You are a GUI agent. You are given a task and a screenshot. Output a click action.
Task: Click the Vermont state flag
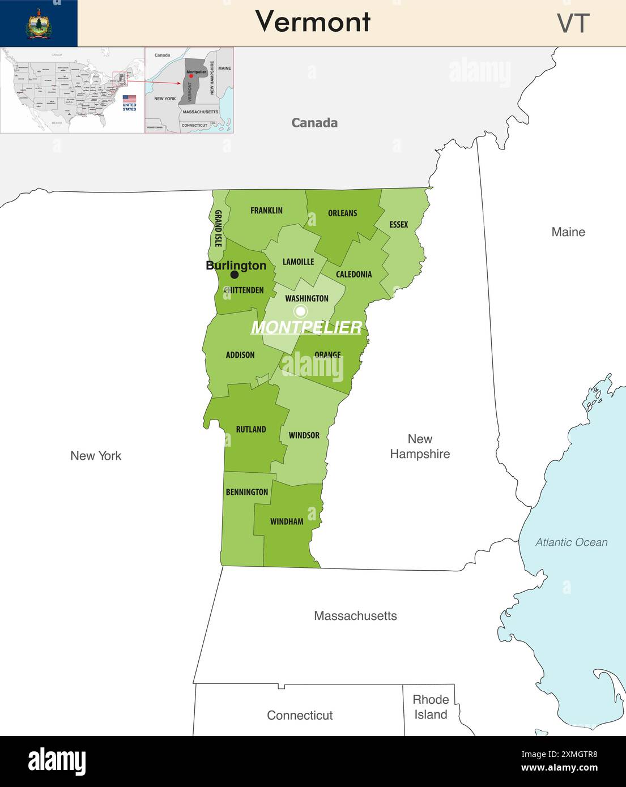[39, 23]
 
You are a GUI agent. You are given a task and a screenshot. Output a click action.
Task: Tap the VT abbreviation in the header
[573, 23]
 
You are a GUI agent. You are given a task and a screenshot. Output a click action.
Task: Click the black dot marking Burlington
[235, 275]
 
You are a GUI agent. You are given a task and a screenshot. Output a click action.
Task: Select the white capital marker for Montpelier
[301, 311]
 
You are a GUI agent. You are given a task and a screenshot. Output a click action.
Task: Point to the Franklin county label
[266, 211]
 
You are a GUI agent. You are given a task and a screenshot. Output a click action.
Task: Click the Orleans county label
[342, 213]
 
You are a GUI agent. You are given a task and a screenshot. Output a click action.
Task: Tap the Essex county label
[398, 225]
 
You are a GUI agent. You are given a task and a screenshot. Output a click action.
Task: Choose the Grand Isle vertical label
[218, 228]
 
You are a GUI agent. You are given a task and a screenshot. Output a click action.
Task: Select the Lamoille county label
[298, 262]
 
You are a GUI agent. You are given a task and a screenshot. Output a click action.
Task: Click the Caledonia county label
[354, 275]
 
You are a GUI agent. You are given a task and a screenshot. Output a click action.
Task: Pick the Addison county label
[240, 355]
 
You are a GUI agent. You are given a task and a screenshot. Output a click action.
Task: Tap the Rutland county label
[251, 430]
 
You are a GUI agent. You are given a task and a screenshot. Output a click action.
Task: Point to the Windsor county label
[304, 435]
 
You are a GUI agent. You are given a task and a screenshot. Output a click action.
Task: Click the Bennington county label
[247, 492]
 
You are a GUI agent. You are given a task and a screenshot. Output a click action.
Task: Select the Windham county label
[287, 521]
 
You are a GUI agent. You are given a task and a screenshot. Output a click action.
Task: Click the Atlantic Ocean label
[571, 542]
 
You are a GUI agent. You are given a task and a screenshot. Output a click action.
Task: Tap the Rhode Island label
[431, 707]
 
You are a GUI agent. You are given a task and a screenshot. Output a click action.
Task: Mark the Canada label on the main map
[314, 123]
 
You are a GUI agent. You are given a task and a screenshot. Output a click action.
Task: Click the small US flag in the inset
[129, 99]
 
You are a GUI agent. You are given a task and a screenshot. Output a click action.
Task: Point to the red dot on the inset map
[191, 76]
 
